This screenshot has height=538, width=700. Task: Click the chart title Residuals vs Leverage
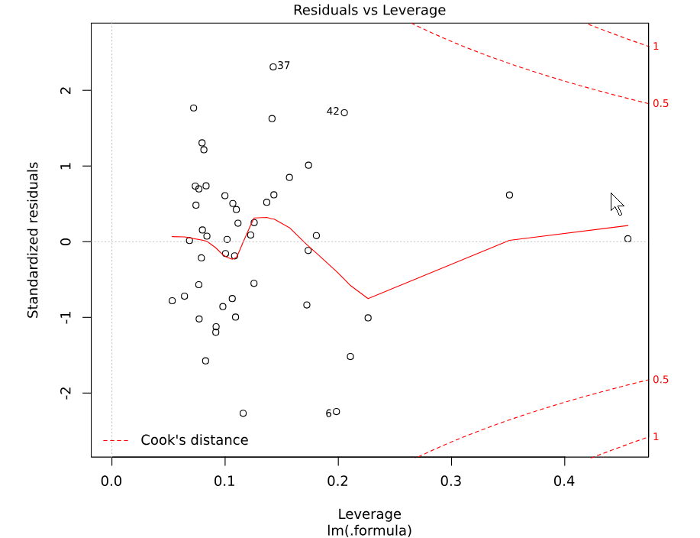(x=369, y=10)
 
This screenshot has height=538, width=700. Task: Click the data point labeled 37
(x=273, y=66)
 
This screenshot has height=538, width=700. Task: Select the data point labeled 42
(x=344, y=112)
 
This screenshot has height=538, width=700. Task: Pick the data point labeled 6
(x=336, y=412)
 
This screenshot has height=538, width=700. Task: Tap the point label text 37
(x=284, y=66)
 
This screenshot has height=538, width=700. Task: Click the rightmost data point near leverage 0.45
(x=627, y=239)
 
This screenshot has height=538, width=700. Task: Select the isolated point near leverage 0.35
(x=509, y=195)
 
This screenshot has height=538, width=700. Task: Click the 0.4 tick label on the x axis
(x=564, y=483)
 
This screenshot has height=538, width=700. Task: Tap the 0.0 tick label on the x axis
(x=112, y=483)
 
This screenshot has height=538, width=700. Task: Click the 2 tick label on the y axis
(x=66, y=90)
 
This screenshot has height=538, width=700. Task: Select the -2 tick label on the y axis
(x=66, y=392)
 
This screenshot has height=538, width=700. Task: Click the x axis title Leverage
(x=369, y=514)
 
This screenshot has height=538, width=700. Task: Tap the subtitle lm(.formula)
(x=369, y=530)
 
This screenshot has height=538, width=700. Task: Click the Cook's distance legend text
(x=194, y=440)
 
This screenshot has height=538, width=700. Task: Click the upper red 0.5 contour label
(x=660, y=103)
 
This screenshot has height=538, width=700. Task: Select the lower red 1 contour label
(x=656, y=436)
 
